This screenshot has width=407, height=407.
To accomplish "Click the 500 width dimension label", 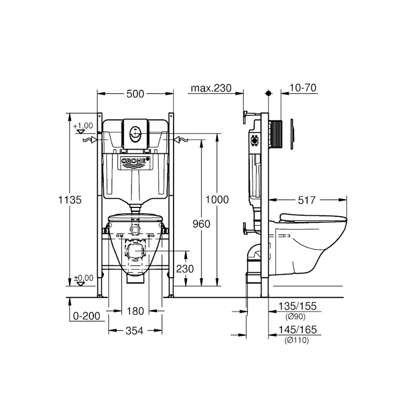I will [135, 94].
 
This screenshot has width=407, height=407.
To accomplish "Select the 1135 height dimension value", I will [69, 200].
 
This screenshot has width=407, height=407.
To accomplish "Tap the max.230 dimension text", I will [211, 88].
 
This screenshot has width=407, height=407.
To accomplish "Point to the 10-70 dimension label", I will [303, 88].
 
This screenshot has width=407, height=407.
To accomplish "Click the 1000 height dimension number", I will [217, 200].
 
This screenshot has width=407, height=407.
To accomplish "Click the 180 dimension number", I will [135, 311].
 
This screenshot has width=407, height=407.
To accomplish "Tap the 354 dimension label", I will [134, 331].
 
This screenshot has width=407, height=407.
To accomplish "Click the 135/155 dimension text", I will [297, 307].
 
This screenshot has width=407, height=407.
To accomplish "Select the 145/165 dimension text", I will [297, 330].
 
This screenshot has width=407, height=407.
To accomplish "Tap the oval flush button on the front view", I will [135, 133].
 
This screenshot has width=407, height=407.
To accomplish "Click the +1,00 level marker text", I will [83, 126].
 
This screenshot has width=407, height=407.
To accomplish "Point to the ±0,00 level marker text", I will [84, 278].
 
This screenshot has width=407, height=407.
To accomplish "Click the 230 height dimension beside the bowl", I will [185, 269].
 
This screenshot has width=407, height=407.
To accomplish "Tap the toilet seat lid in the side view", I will [313, 217].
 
